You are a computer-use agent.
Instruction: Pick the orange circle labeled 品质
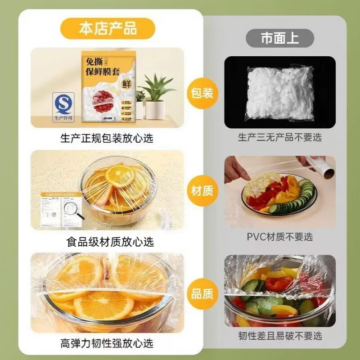click(202, 294)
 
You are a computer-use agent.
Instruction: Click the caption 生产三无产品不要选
click(279, 137)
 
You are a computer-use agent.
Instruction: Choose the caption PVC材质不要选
click(279, 237)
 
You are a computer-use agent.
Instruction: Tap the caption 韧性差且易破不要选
click(279, 336)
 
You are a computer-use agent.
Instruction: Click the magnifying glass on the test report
click(72, 209)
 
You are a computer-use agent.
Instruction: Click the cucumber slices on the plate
click(301, 198)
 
